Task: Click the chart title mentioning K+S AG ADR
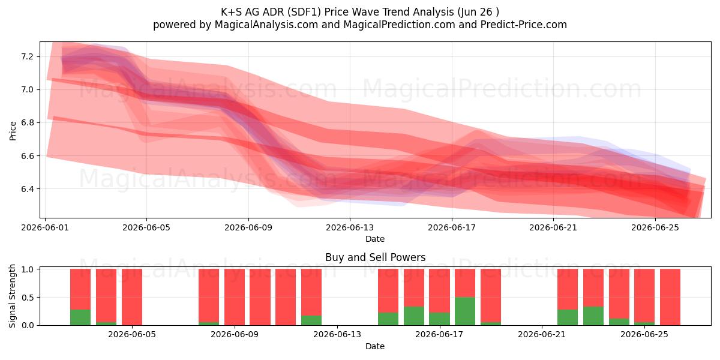coord(359,12)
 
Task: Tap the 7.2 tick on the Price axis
coord(27,57)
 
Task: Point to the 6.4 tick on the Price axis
coord(27,189)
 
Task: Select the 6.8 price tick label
coord(27,123)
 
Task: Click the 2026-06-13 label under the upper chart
coord(350,227)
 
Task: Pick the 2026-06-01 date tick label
coord(45,227)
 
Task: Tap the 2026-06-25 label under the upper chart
coord(655,227)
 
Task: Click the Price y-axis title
coord(13,131)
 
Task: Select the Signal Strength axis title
coord(12,296)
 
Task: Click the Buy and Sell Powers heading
coord(375,257)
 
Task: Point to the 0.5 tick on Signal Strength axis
coord(27,298)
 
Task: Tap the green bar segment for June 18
coord(465,311)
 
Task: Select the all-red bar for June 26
coord(670,297)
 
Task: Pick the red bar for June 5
coord(132,297)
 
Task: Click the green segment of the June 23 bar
coord(593,316)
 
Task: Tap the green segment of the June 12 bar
coord(311,320)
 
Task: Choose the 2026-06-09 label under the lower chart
coord(235,335)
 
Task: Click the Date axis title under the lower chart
coord(375,346)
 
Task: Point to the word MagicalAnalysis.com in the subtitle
coord(266,25)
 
